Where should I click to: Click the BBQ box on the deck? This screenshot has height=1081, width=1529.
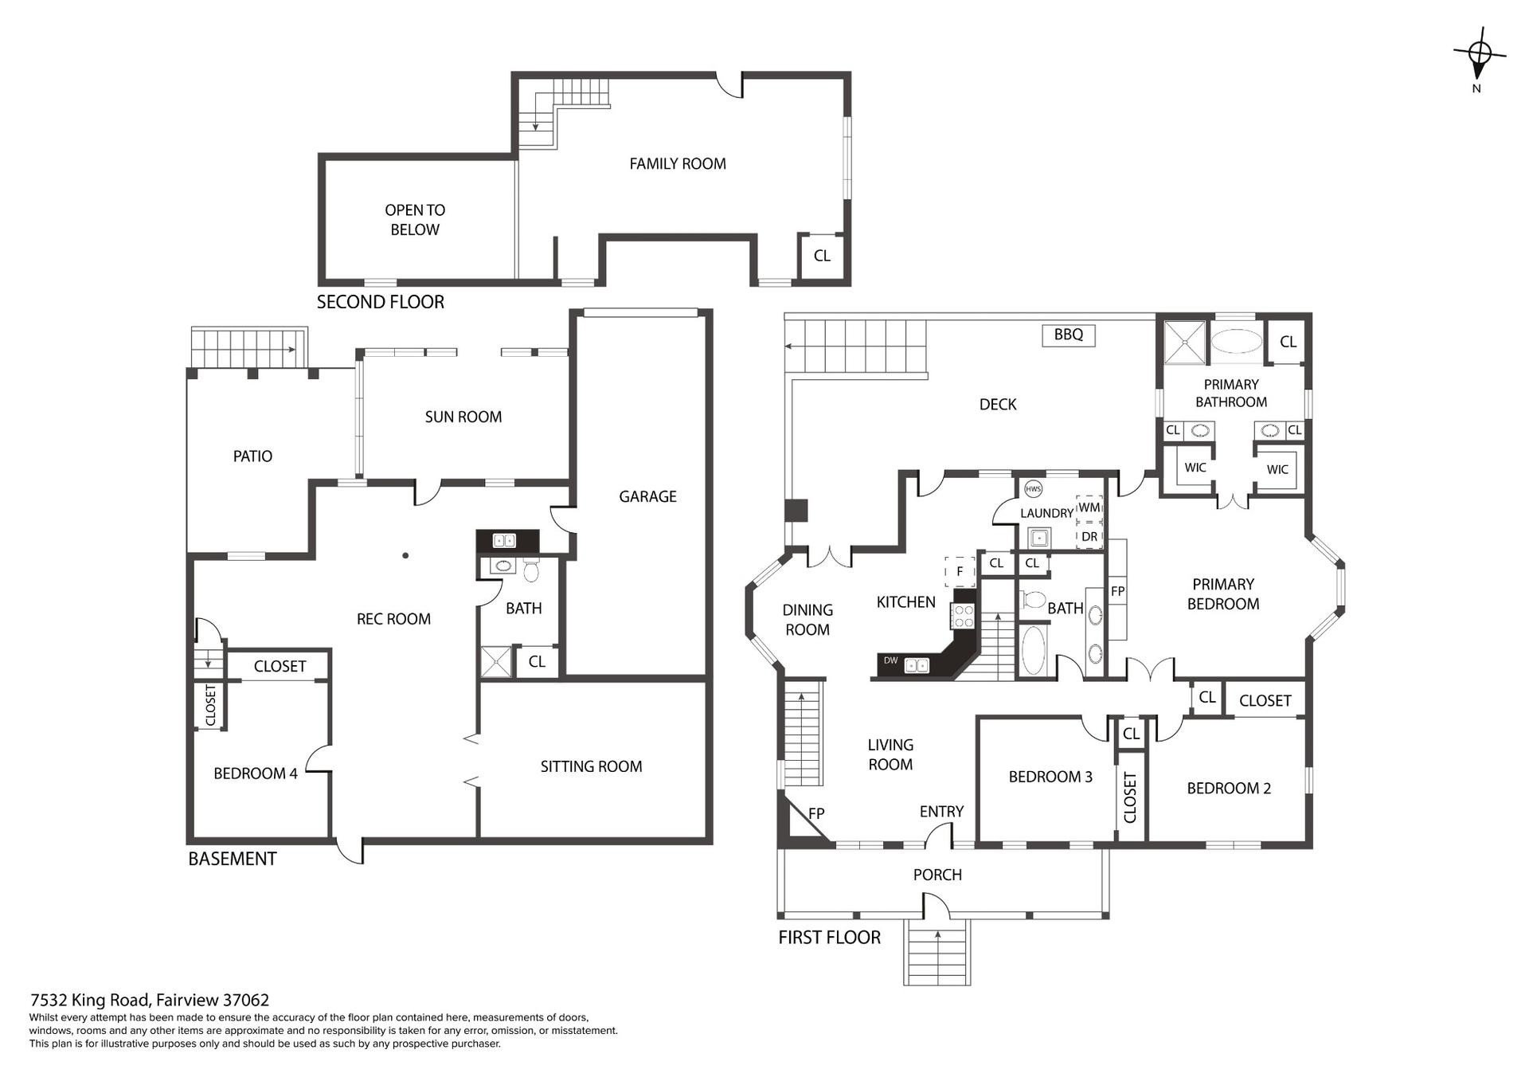click(1069, 335)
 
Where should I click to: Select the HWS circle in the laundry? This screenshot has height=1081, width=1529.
click(1033, 489)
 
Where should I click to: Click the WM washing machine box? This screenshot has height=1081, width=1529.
click(1089, 507)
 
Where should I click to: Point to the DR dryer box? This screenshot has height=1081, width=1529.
click(1089, 536)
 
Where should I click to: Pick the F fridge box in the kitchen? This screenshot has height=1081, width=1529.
click(960, 571)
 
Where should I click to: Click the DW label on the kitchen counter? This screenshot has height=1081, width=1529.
click(890, 660)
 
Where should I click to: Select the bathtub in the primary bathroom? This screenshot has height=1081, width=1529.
click(1237, 342)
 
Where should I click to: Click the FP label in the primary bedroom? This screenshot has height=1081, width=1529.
click(1117, 591)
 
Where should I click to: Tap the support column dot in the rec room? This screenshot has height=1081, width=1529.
click(405, 555)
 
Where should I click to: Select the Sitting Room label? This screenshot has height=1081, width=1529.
click(591, 766)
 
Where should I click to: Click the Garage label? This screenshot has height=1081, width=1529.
click(647, 496)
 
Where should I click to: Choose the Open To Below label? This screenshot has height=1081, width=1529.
click(415, 220)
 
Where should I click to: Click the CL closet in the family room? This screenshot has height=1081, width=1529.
click(822, 256)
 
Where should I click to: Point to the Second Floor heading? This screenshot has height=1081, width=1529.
click(381, 302)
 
